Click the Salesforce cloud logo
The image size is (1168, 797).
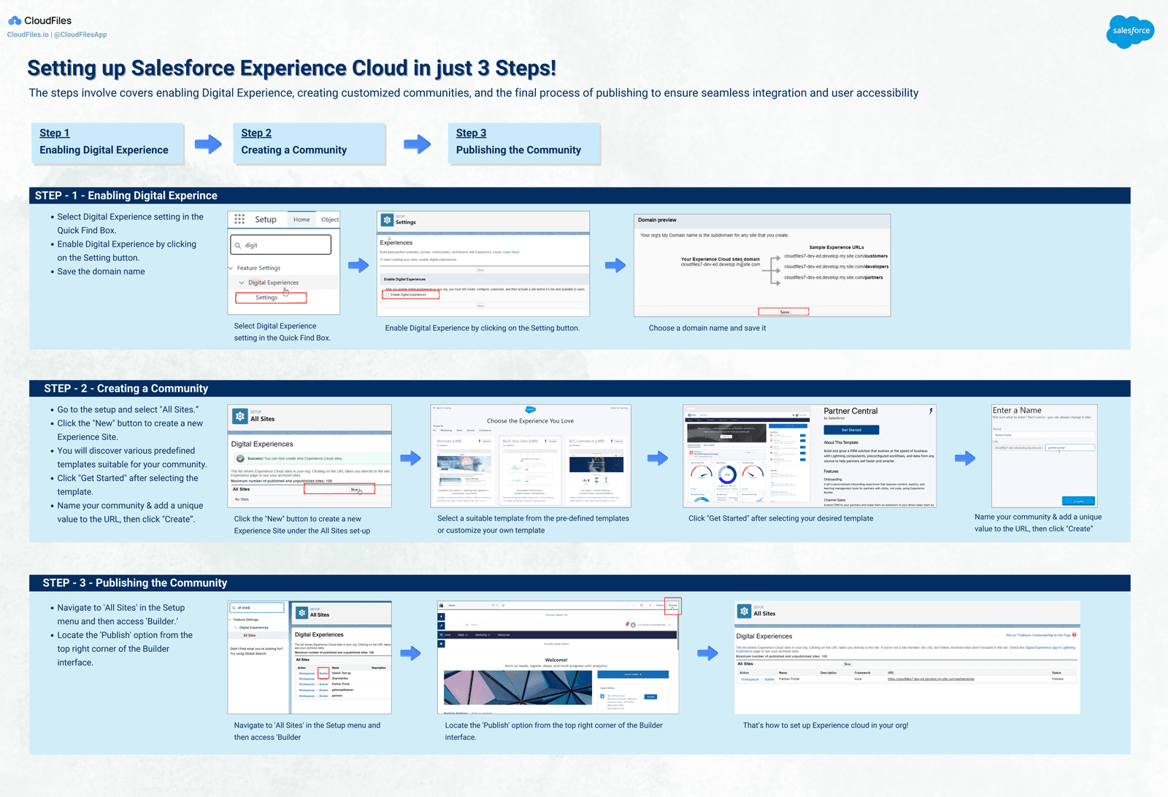pyautogui.click(x=1130, y=31)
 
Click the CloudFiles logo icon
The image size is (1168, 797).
pyautogui.click(x=15, y=20)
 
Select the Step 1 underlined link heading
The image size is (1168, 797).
pyautogui.click(x=55, y=133)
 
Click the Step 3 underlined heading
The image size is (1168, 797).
pyautogui.click(x=471, y=133)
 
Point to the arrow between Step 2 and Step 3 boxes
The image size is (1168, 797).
pyautogui.click(x=417, y=144)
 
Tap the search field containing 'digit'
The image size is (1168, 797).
pyautogui.click(x=281, y=245)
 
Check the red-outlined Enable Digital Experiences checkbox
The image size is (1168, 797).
pyautogui.click(x=388, y=295)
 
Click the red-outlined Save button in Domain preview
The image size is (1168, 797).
pyautogui.click(x=784, y=312)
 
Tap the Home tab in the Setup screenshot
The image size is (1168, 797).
pyautogui.click(x=301, y=220)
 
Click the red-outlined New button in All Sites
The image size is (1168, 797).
pyautogui.click(x=355, y=490)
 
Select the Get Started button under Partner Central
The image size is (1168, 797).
pyautogui.click(x=851, y=430)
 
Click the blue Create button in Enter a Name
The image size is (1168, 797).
pyautogui.click(x=1078, y=501)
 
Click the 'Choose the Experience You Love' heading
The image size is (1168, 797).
pyautogui.click(x=530, y=421)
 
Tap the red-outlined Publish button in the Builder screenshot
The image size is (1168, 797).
pyautogui.click(x=673, y=606)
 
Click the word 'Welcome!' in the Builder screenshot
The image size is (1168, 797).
pyautogui.click(x=556, y=660)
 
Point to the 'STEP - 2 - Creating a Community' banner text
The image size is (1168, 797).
pyautogui.click(x=126, y=388)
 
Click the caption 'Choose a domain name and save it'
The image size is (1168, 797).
pyautogui.click(x=707, y=328)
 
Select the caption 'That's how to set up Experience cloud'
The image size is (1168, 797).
pyautogui.click(x=825, y=725)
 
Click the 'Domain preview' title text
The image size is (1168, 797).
pyautogui.click(x=657, y=220)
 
